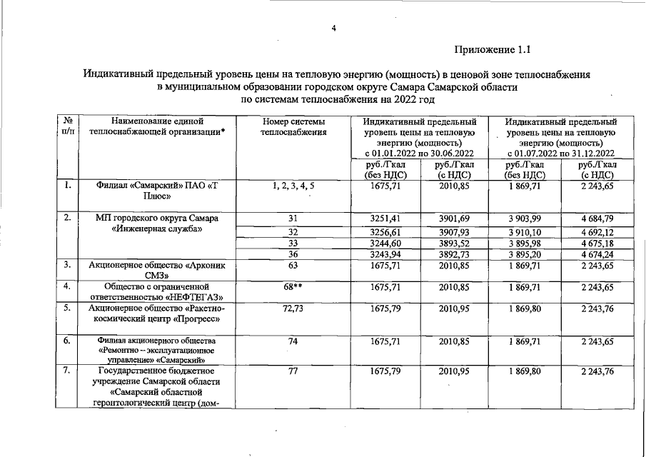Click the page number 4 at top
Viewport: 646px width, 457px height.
click(333, 29)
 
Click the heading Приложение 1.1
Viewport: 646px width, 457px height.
click(492, 50)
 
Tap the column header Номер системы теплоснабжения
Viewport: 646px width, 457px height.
click(293, 127)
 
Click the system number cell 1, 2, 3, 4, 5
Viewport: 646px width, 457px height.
click(293, 187)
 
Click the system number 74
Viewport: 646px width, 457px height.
click(293, 342)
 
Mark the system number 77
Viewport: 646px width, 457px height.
click(293, 372)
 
